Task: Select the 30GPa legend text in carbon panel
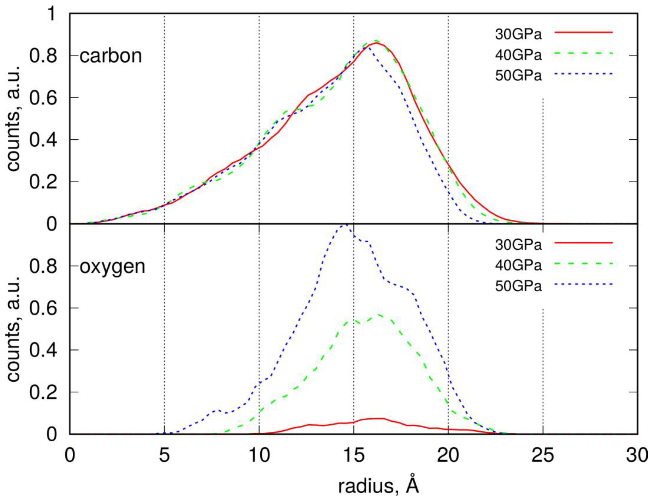coord(518,35)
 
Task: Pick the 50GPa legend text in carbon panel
coord(518,76)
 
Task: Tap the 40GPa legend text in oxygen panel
coord(518,265)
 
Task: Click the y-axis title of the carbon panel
coord(13,119)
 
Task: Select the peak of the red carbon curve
coord(376,43)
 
